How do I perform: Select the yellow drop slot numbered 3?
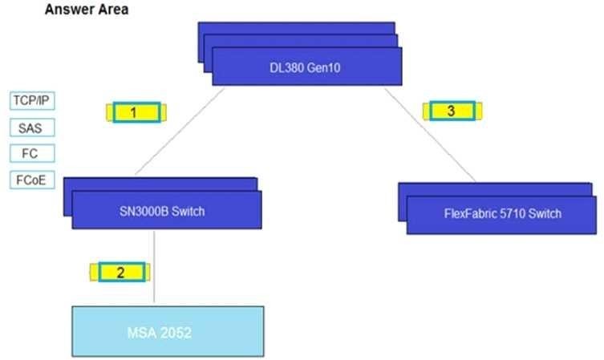tap(451, 111)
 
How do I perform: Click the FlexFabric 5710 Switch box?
tap(501, 214)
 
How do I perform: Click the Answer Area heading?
tap(86, 10)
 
